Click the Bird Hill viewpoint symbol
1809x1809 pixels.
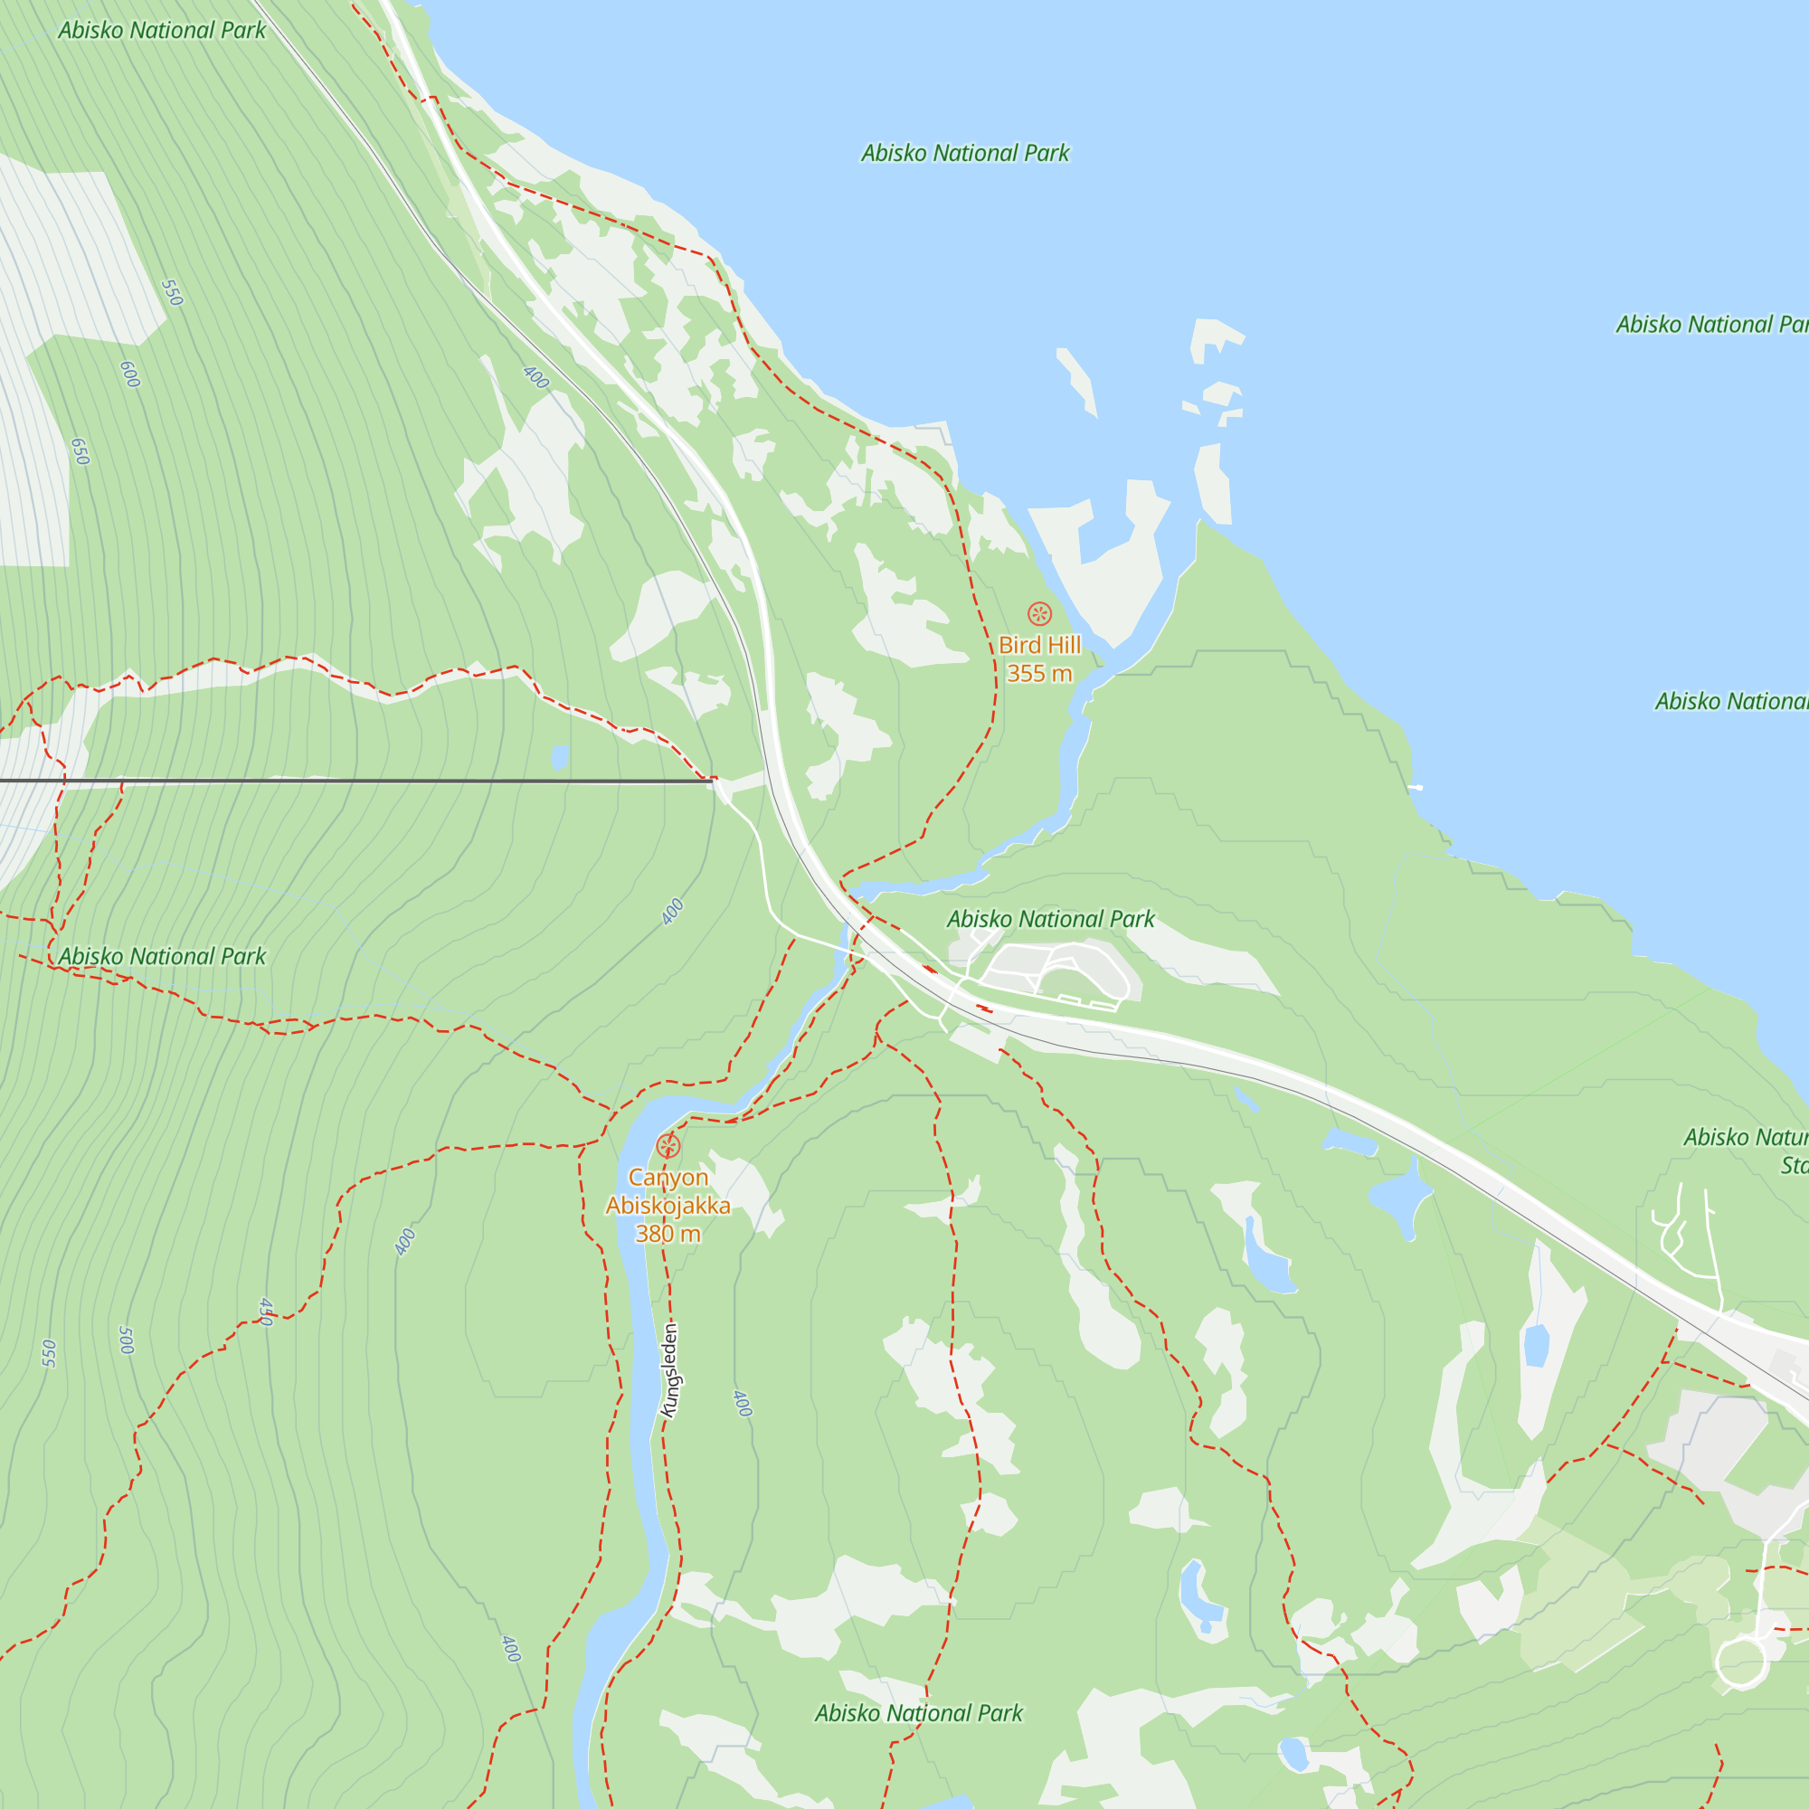[1039, 614]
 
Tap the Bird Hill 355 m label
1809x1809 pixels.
[1039, 659]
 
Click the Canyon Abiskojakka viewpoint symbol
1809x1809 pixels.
[668, 1145]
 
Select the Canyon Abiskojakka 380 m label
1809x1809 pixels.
[668, 1205]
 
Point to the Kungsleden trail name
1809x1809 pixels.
[670, 1369]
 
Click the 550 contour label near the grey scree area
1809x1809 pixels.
[171, 293]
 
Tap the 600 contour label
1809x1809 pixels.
[130, 374]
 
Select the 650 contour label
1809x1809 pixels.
[81, 451]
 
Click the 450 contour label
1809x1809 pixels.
[267, 1312]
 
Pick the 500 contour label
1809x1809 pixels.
[127, 1340]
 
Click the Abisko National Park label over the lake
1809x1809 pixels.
[964, 153]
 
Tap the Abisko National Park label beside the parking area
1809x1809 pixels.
[1050, 919]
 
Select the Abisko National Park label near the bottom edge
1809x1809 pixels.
[919, 1712]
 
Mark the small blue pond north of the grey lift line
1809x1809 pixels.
[560, 756]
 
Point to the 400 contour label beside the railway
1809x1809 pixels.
[535, 377]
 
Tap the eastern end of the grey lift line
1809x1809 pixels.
[712, 780]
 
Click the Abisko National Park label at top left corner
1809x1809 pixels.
[162, 30]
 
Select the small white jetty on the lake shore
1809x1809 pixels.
[1415, 788]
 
